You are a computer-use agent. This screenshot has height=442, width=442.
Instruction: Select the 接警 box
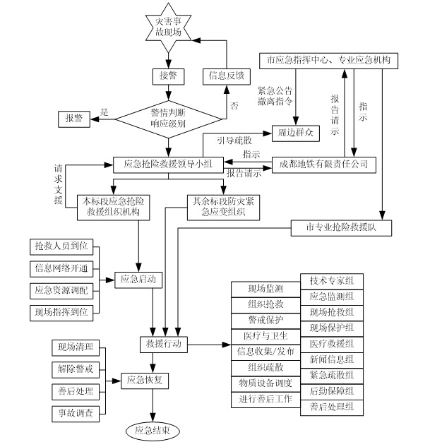tap(169, 75)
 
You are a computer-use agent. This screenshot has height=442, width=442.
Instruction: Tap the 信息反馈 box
tap(226, 75)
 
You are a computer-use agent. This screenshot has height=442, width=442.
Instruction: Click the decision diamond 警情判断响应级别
tap(169, 117)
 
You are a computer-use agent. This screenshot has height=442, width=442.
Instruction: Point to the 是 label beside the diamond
tap(104, 112)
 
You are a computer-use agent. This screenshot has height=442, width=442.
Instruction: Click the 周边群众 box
tap(289, 133)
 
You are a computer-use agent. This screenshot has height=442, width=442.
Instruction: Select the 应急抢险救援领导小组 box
tap(169, 165)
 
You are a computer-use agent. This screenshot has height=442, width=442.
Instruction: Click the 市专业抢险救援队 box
tap(340, 227)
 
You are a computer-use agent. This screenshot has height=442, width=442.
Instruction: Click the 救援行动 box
tap(163, 344)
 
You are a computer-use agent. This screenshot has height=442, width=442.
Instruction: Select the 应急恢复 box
tap(145, 380)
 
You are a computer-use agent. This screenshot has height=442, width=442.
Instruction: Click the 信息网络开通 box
tap(61, 268)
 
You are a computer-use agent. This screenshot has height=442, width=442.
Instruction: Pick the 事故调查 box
tap(76, 412)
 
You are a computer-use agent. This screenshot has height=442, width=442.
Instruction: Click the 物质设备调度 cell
tap(265, 383)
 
